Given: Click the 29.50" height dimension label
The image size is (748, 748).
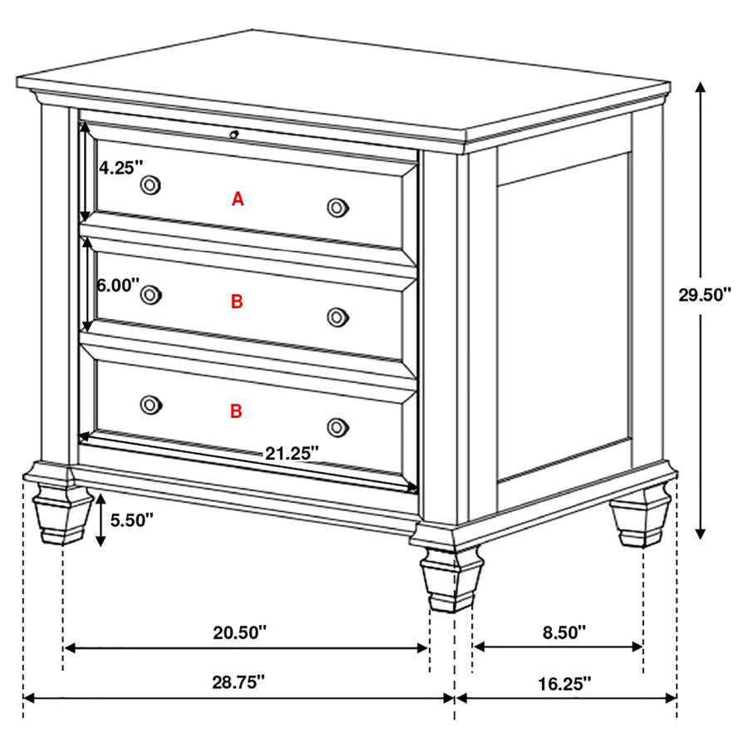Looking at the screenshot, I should pos(704,294).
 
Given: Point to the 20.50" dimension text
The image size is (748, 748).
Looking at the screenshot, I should pos(239,632).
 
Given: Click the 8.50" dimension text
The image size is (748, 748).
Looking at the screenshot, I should pos(564,632).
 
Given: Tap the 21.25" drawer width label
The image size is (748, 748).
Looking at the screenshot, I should pos(293,453).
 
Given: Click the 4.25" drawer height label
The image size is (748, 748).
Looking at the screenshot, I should pos(122,167).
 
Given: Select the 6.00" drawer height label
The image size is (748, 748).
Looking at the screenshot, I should pos(118,285).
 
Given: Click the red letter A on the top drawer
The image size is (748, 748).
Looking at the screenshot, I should pos(238,199).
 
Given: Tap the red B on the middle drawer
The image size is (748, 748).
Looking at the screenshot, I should pos(237,302).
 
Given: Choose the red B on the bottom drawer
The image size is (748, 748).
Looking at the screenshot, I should pos(236,411).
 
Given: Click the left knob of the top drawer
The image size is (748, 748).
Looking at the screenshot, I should pos(150,184).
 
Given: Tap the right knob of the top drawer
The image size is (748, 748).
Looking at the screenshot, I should pos(337,207).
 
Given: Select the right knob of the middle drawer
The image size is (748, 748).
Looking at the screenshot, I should pos(337,316).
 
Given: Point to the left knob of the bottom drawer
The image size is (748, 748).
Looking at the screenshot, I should pos(150,404).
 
